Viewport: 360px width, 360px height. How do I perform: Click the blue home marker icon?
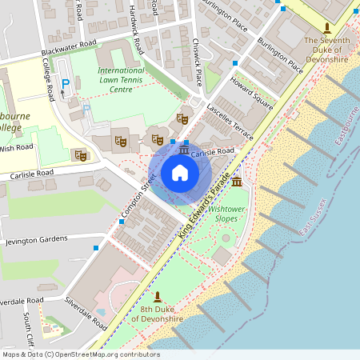(x=180, y=172)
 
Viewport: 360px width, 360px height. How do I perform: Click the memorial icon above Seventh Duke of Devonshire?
(x=326, y=27)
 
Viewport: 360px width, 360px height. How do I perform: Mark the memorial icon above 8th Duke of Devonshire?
(x=157, y=296)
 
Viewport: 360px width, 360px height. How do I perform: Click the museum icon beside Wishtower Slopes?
(x=237, y=183)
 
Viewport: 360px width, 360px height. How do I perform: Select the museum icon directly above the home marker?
(x=184, y=150)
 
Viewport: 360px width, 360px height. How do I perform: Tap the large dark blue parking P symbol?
(x=66, y=83)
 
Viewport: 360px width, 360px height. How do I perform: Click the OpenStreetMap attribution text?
(x=80, y=354)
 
